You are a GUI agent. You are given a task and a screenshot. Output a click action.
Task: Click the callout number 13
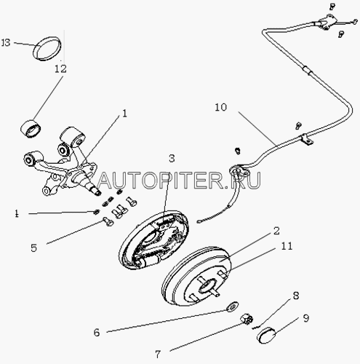click(x=6, y=43)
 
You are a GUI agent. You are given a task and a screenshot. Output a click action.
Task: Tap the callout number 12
click(x=60, y=68)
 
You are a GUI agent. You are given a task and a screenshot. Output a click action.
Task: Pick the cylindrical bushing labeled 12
click(x=31, y=127)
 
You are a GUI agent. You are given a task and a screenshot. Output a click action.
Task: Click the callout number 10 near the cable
click(x=221, y=107)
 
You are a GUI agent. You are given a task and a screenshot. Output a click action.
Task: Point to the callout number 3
click(x=172, y=159)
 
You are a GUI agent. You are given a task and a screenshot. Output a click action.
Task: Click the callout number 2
click(x=276, y=231)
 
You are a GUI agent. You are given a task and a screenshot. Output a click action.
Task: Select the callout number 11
click(x=287, y=246)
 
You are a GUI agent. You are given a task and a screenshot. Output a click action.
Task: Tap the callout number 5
click(x=33, y=248)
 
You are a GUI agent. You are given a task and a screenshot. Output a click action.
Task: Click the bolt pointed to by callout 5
click(x=108, y=221)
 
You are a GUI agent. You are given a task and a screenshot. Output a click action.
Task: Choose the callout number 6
click(x=97, y=333)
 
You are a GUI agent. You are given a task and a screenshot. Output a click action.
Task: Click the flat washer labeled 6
click(x=232, y=306)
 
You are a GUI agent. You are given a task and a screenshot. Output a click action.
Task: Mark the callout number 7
click(x=158, y=355)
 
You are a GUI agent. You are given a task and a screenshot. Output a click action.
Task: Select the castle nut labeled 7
click(x=247, y=319)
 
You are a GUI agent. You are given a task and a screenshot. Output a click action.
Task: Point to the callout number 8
click(x=296, y=296)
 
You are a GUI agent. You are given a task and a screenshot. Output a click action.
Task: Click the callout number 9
click(x=306, y=318)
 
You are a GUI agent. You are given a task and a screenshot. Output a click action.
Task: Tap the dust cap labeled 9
click(x=266, y=335)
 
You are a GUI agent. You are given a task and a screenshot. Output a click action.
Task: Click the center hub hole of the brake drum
click(x=207, y=285)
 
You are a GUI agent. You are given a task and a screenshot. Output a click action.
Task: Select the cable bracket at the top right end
click(x=328, y=23)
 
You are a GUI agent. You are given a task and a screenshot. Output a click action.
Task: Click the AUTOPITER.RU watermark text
click(x=179, y=181)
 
